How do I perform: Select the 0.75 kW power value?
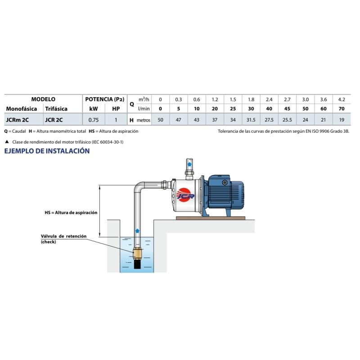94,120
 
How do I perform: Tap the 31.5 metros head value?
251,120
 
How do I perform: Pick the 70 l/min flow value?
342,109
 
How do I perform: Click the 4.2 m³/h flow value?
342,99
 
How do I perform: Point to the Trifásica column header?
56,109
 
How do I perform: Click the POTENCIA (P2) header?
104,99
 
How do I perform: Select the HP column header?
116,109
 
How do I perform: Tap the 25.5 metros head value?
287,120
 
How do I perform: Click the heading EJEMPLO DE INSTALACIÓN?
47,151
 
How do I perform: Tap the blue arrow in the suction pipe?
138,231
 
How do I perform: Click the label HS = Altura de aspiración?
71,212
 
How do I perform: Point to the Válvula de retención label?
63,236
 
